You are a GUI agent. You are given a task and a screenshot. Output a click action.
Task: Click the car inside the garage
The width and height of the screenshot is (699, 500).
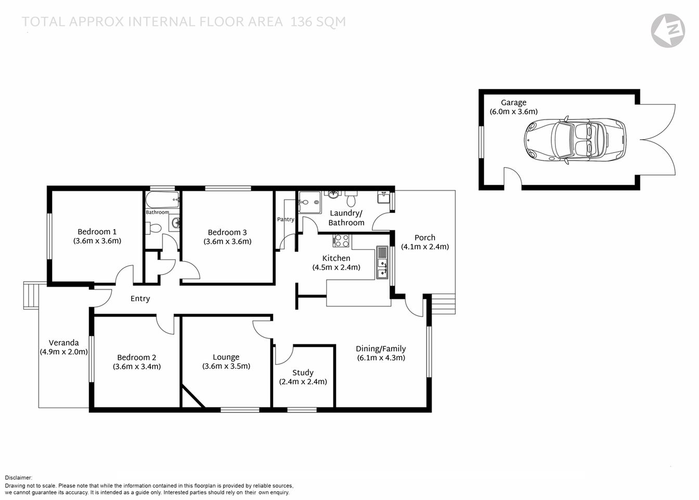point(575,141)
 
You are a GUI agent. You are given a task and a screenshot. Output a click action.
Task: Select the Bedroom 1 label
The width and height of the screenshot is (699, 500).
point(97,232)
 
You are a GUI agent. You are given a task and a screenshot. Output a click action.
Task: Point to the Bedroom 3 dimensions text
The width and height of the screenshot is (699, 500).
point(227,242)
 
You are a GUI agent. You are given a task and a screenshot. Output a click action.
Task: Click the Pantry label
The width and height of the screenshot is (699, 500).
point(286,219)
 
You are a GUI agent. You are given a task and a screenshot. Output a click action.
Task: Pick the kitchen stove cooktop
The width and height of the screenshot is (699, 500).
point(341,241)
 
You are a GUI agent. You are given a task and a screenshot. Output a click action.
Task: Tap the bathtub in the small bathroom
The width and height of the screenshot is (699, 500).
point(162,200)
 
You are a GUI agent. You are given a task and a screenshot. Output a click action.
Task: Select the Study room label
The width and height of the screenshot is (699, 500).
point(303,372)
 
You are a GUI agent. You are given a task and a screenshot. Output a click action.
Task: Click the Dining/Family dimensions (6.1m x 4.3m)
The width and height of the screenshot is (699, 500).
point(381,358)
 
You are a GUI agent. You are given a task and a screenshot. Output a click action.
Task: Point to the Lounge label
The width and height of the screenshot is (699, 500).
point(226,357)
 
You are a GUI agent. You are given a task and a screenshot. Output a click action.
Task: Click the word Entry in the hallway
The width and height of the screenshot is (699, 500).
point(140,298)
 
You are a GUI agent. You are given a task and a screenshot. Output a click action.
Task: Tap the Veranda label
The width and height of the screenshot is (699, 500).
point(64,342)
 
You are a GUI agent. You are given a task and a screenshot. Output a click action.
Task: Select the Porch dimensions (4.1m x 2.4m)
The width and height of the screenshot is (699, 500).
point(425,247)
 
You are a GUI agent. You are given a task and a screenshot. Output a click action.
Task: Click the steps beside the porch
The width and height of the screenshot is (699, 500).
point(443,303)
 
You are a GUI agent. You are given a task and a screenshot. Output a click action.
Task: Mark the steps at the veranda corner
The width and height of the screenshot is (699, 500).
point(31,295)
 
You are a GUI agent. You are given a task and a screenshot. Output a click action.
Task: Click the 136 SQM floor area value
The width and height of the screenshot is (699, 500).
point(318,22)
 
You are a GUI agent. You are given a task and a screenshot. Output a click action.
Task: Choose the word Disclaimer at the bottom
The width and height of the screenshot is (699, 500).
point(19,478)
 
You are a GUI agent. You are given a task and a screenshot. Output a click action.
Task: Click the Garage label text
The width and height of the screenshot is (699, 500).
point(513,103)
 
